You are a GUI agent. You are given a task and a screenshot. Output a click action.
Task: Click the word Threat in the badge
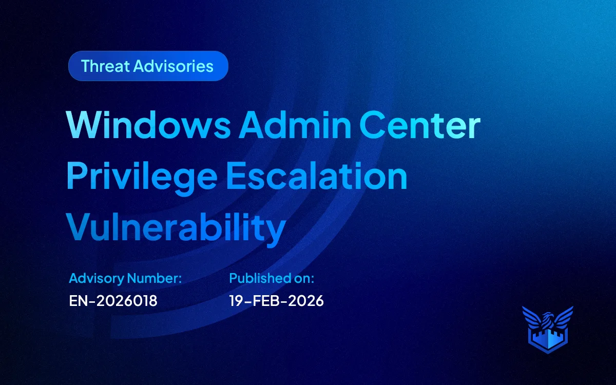tap(105, 66)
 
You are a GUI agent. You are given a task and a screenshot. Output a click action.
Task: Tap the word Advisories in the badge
tap(174, 66)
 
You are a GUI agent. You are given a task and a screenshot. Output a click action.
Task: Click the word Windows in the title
tap(148, 125)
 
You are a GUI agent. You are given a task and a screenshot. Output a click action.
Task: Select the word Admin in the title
tap(295, 125)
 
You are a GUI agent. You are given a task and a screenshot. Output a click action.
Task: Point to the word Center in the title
tap(420, 125)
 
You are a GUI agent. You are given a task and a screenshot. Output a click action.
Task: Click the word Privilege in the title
tap(142, 176)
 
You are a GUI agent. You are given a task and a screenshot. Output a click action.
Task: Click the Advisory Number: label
tap(125, 278)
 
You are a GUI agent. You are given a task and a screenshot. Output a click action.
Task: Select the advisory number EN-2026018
tap(113, 301)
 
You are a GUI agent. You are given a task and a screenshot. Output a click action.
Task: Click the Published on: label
tap(272, 278)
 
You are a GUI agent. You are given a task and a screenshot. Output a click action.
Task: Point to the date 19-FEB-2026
tap(276, 301)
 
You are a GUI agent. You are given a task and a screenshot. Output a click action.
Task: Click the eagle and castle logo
tap(548, 330)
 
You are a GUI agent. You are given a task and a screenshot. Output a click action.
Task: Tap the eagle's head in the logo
tap(547, 317)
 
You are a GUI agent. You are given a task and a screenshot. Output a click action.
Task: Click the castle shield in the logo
tap(548, 340)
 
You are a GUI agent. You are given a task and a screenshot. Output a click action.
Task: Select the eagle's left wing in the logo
tap(533, 317)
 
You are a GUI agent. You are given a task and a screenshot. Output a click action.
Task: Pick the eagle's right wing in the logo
tap(563, 317)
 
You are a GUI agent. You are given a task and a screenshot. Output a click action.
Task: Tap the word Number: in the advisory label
tap(155, 278)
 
